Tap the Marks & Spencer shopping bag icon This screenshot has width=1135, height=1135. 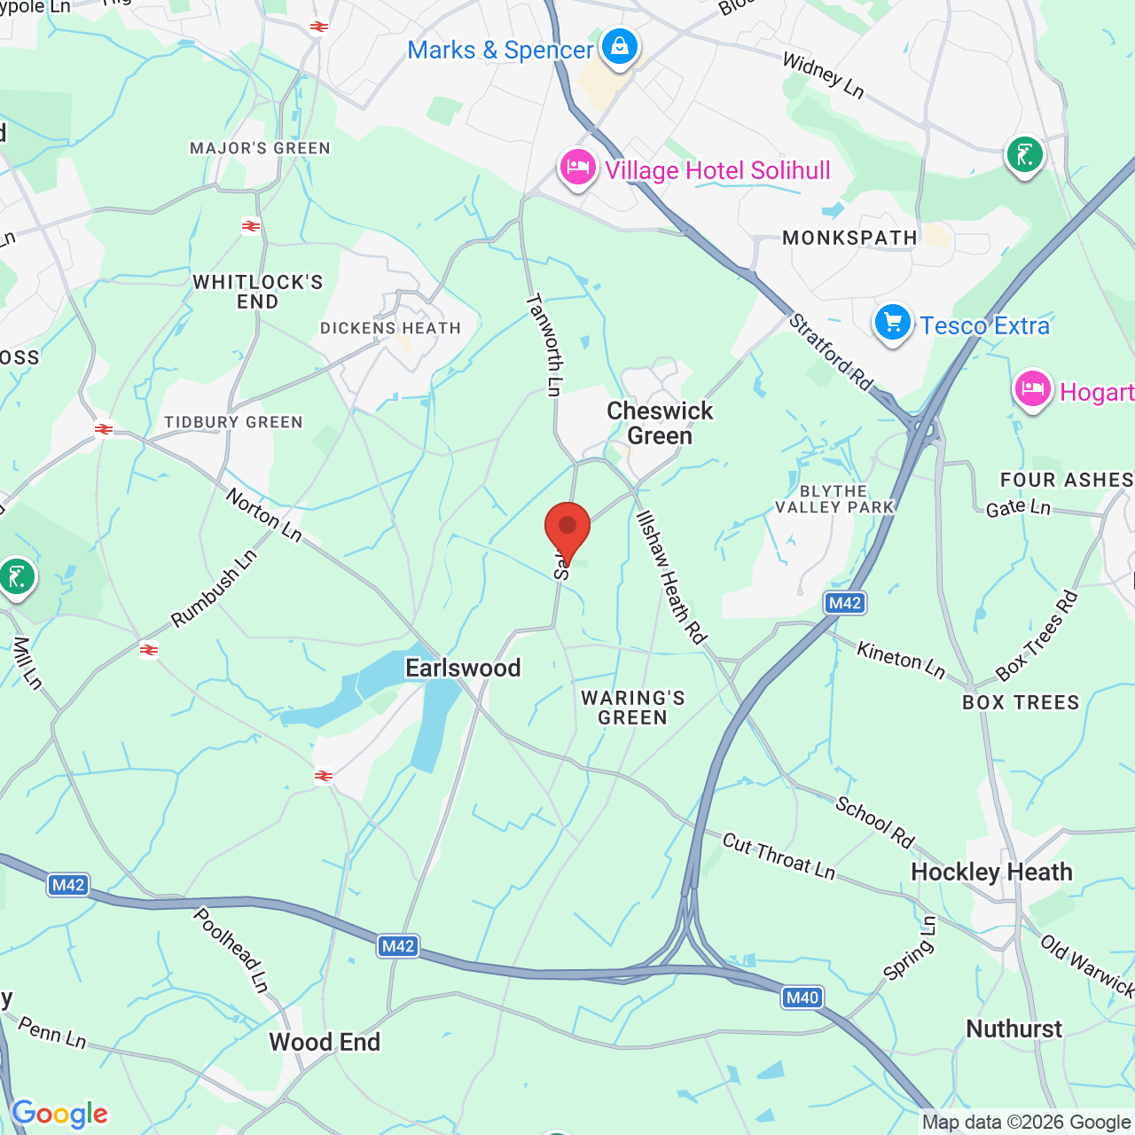(x=619, y=46)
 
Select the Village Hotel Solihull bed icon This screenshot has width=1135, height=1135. (x=577, y=167)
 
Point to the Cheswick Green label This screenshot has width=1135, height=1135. (x=660, y=423)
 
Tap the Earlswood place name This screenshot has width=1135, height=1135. (x=463, y=668)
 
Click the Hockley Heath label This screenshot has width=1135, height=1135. (x=991, y=872)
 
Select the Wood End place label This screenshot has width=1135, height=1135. (x=325, y=1042)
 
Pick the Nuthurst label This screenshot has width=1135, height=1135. (x=1014, y=1029)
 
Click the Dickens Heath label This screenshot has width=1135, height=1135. (x=390, y=328)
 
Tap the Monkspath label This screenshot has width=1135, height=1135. (x=849, y=238)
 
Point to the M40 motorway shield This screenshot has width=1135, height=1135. (x=802, y=998)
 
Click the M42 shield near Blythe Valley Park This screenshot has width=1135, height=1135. (x=844, y=603)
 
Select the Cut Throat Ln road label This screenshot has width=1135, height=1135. (x=779, y=857)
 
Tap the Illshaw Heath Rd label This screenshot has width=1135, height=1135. (x=671, y=577)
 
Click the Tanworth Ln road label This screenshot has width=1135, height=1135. (x=544, y=345)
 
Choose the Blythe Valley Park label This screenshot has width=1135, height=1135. (x=834, y=499)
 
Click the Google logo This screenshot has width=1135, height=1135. (x=59, y=1114)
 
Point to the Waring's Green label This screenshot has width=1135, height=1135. (x=632, y=708)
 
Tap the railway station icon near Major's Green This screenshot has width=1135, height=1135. (x=251, y=226)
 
